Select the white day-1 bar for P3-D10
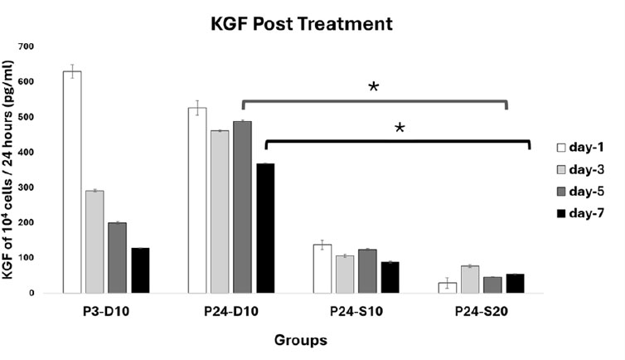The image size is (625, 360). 73,182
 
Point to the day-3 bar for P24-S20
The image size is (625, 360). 470,280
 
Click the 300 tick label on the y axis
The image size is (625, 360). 31,187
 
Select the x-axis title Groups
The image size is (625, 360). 302,340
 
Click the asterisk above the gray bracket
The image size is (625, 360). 374,88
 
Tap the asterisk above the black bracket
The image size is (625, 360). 400,129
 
